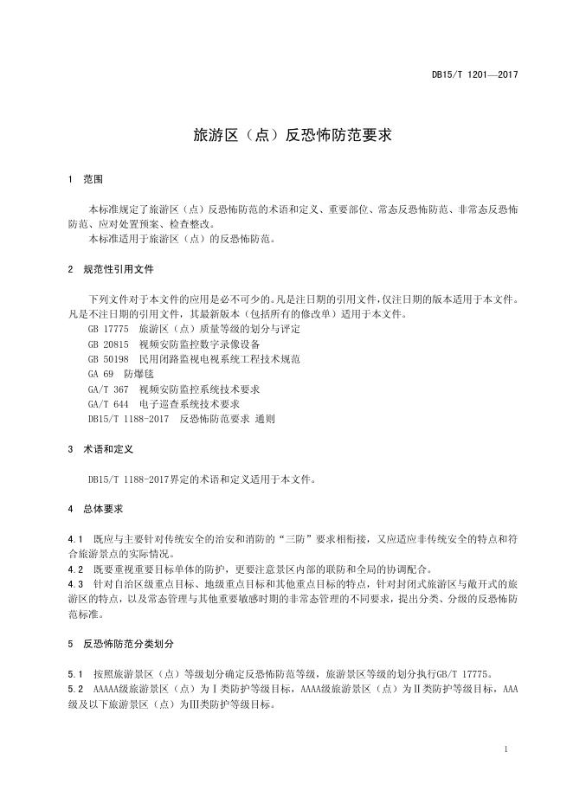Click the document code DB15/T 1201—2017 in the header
[x=474, y=75]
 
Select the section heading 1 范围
[x=86, y=180]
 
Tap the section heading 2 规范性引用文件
[x=111, y=269]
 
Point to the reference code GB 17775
[x=107, y=330]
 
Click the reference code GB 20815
[x=107, y=344]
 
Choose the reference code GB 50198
[x=107, y=359]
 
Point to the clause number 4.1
[x=74, y=538]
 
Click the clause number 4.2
[x=74, y=569]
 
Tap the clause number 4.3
[x=74, y=584]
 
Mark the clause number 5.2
[x=74, y=689]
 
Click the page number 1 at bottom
[x=505, y=749]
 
